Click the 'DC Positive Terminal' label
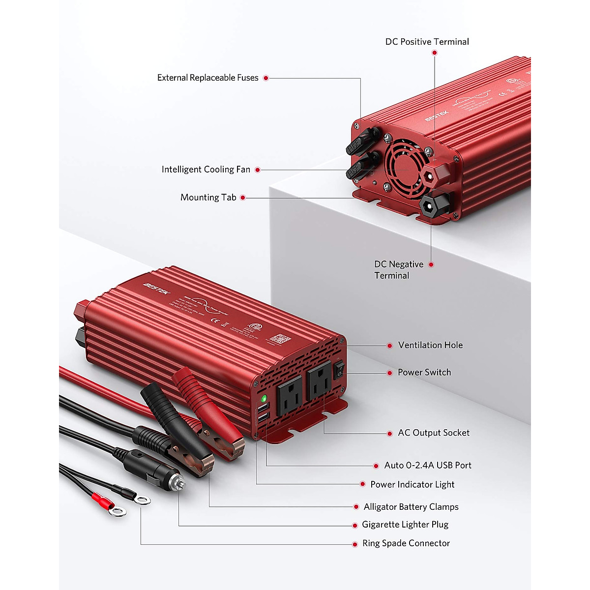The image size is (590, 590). tap(427, 42)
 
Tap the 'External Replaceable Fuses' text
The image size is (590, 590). tap(207, 78)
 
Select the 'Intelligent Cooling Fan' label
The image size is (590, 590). tap(206, 170)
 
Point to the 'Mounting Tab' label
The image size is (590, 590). tap(208, 198)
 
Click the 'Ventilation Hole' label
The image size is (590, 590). tap(430, 345)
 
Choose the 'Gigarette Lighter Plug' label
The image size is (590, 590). tap(405, 525)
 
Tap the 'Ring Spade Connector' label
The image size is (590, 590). tap(406, 543)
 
